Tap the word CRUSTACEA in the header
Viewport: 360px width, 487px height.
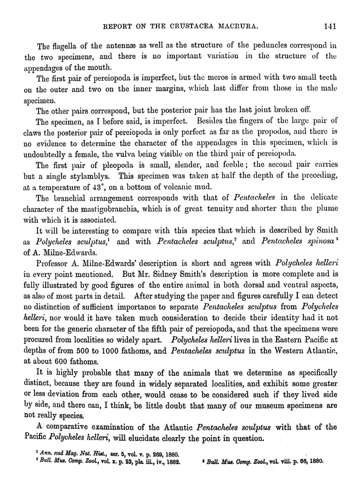tap(193, 26)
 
